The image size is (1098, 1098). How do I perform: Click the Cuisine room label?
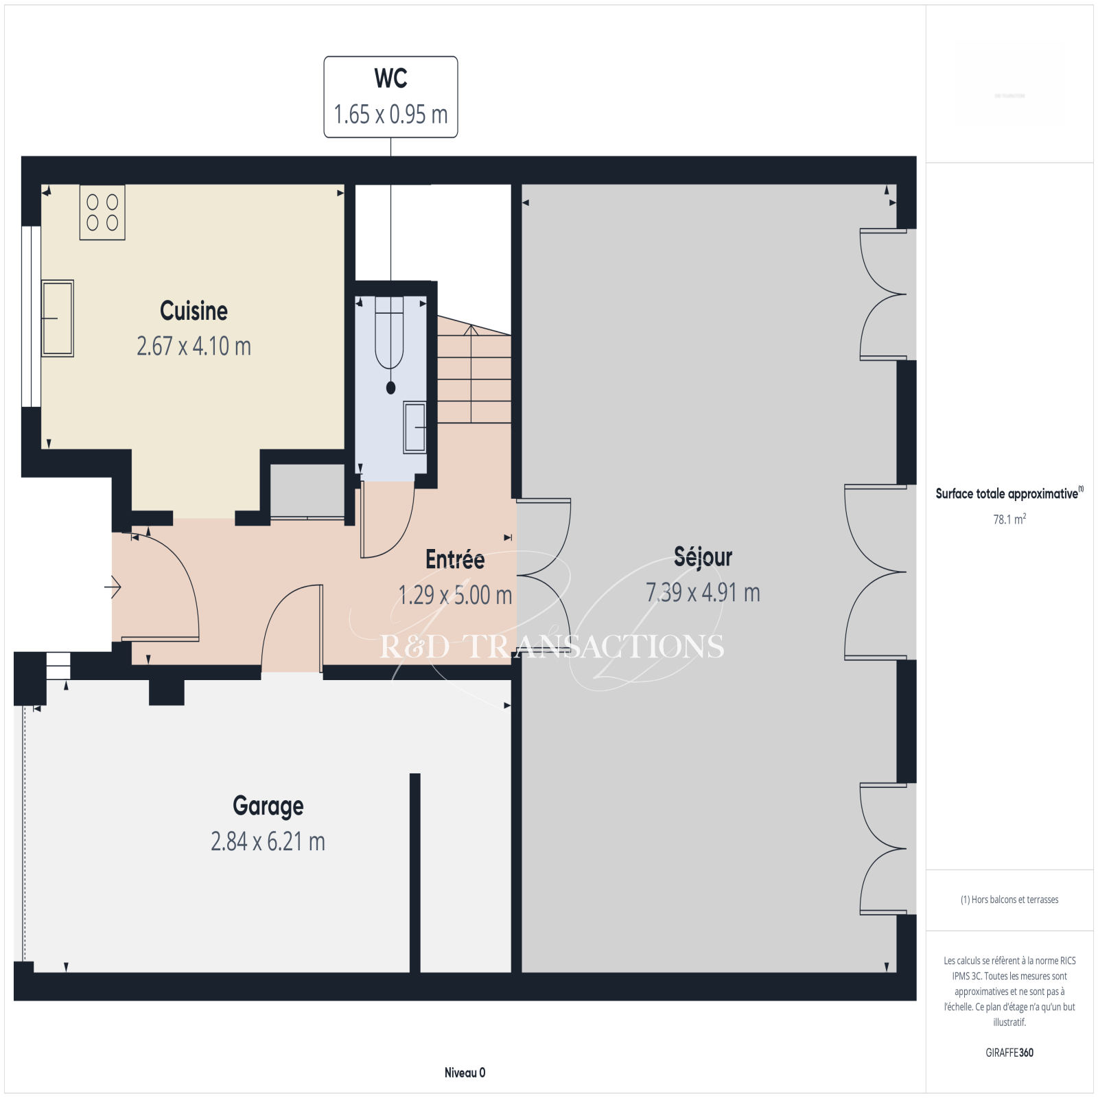pyautogui.click(x=194, y=311)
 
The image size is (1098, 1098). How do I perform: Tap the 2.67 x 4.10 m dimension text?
pyautogui.click(x=194, y=346)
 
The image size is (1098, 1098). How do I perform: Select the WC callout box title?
pyautogui.click(x=390, y=78)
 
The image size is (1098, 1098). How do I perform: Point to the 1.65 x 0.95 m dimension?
pyautogui.click(x=390, y=114)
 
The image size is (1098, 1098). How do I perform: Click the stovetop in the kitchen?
pyautogui.click(x=102, y=212)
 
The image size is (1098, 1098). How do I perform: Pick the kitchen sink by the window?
pyautogui.click(x=58, y=318)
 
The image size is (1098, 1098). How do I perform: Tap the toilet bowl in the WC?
pyautogui.click(x=390, y=336)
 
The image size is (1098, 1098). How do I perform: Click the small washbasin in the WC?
pyautogui.click(x=414, y=427)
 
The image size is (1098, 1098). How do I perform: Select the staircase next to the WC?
pyautogui.click(x=474, y=371)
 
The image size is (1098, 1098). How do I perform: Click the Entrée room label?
pyautogui.click(x=455, y=559)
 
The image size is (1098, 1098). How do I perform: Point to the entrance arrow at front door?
pyautogui.click(x=113, y=587)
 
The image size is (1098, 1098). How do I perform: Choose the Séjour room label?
pyautogui.click(x=703, y=557)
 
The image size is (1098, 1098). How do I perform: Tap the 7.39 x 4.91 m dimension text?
pyautogui.click(x=703, y=592)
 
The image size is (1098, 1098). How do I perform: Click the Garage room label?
pyautogui.click(x=268, y=806)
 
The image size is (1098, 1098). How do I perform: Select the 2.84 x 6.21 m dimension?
pyautogui.click(x=268, y=841)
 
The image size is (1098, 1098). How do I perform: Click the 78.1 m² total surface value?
pyautogui.click(x=1009, y=519)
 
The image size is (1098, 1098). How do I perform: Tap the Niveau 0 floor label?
pyautogui.click(x=465, y=1073)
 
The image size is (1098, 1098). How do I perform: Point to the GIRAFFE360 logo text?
pyautogui.click(x=1009, y=1053)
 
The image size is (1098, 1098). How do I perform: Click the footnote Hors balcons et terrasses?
pyautogui.click(x=1009, y=900)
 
